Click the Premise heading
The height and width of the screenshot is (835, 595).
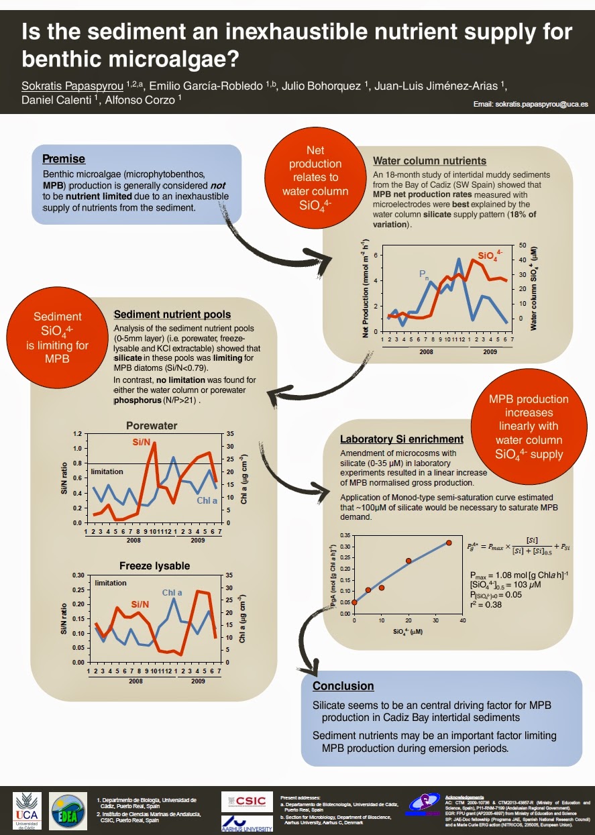point(64,159)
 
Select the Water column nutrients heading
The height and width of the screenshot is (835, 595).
point(429,161)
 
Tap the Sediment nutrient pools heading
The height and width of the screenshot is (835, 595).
point(172,315)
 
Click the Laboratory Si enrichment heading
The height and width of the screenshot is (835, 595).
point(402,439)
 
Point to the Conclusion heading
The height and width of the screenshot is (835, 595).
point(343,686)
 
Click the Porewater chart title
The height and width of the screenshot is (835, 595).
point(152,426)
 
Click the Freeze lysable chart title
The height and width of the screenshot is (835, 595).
point(154,566)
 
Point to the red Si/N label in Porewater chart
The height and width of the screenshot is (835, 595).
point(142,441)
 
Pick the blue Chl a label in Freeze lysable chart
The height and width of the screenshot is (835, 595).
point(172,592)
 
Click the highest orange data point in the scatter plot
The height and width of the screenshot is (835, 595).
point(449,543)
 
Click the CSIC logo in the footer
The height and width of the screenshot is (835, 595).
point(248,801)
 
